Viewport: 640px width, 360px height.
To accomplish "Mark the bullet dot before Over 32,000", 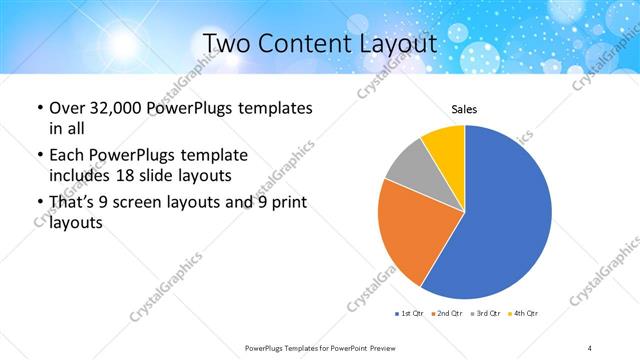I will coord(38,108).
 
